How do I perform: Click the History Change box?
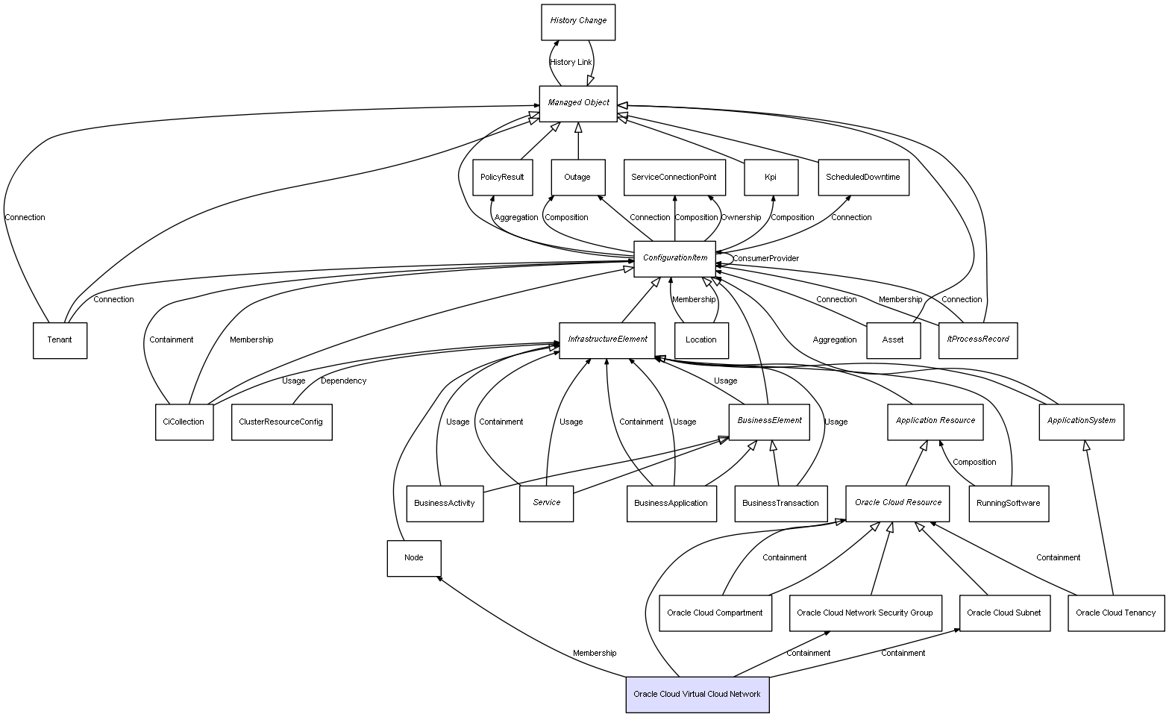coord(578,22)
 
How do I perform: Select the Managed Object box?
coord(578,103)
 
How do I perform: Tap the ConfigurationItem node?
coord(674,258)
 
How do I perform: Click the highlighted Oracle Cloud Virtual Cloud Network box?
coord(697,695)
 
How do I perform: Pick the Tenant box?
coord(60,340)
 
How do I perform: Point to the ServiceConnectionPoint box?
coord(674,178)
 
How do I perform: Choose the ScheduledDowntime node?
coord(862,178)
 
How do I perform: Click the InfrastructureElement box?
coord(607,339)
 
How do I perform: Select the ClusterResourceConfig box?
coord(281,422)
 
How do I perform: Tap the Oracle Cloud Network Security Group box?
coord(865,613)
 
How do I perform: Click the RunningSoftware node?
coord(1008,503)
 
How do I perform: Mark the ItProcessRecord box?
coord(977,339)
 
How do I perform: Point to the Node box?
coord(413,558)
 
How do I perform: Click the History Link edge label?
coord(571,63)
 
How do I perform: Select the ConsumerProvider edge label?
coord(765,259)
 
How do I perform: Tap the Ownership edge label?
coord(741,218)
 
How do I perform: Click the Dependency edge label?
coord(343,381)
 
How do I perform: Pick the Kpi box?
coord(771,178)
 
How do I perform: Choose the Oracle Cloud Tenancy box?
coord(1115,613)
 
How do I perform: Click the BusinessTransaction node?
coord(780,503)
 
